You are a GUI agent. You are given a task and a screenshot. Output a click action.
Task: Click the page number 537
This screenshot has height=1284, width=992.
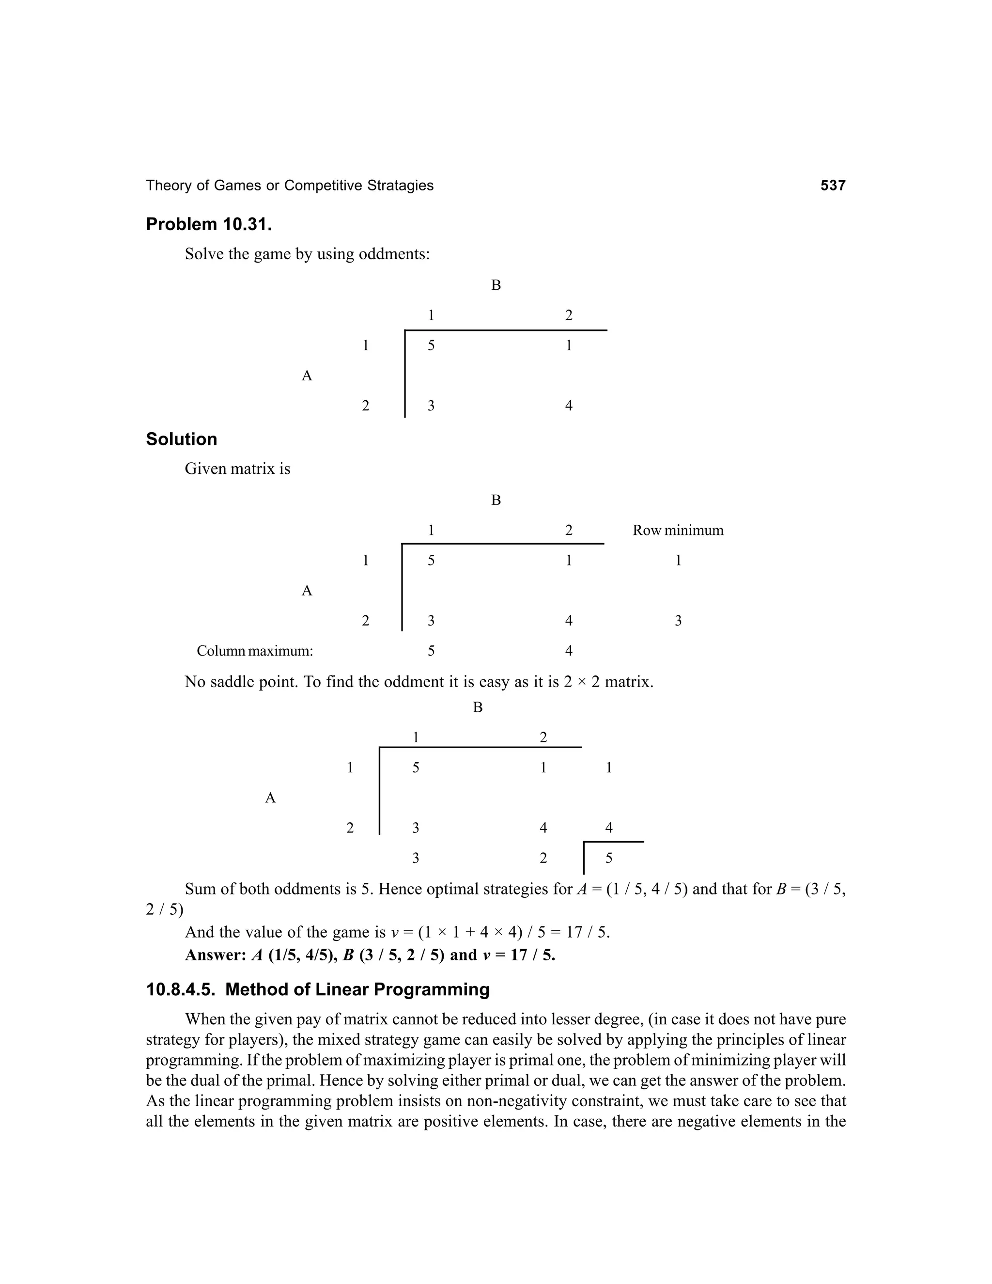pyautogui.click(x=833, y=186)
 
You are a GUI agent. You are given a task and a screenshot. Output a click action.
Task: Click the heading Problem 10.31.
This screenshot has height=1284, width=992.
pyautogui.click(x=209, y=225)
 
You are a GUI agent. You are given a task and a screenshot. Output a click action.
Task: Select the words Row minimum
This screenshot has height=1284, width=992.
pyautogui.click(x=678, y=530)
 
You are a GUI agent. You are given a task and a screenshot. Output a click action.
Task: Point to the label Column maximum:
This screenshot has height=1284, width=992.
pyautogui.click(x=254, y=651)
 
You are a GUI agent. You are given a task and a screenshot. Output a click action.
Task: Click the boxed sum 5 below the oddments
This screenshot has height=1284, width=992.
pyautogui.click(x=609, y=859)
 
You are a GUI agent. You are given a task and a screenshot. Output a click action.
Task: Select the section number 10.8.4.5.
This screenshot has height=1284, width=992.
pyautogui.click(x=181, y=989)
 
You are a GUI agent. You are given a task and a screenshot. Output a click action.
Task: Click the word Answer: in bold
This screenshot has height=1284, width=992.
pyautogui.click(x=215, y=955)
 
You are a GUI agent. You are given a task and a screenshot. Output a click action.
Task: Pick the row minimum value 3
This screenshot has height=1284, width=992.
pyautogui.click(x=678, y=621)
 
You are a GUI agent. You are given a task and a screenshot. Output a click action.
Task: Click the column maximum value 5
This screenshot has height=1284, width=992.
pyautogui.click(x=431, y=651)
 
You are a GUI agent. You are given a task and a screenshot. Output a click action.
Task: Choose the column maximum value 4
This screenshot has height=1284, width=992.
pyautogui.click(x=568, y=651)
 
